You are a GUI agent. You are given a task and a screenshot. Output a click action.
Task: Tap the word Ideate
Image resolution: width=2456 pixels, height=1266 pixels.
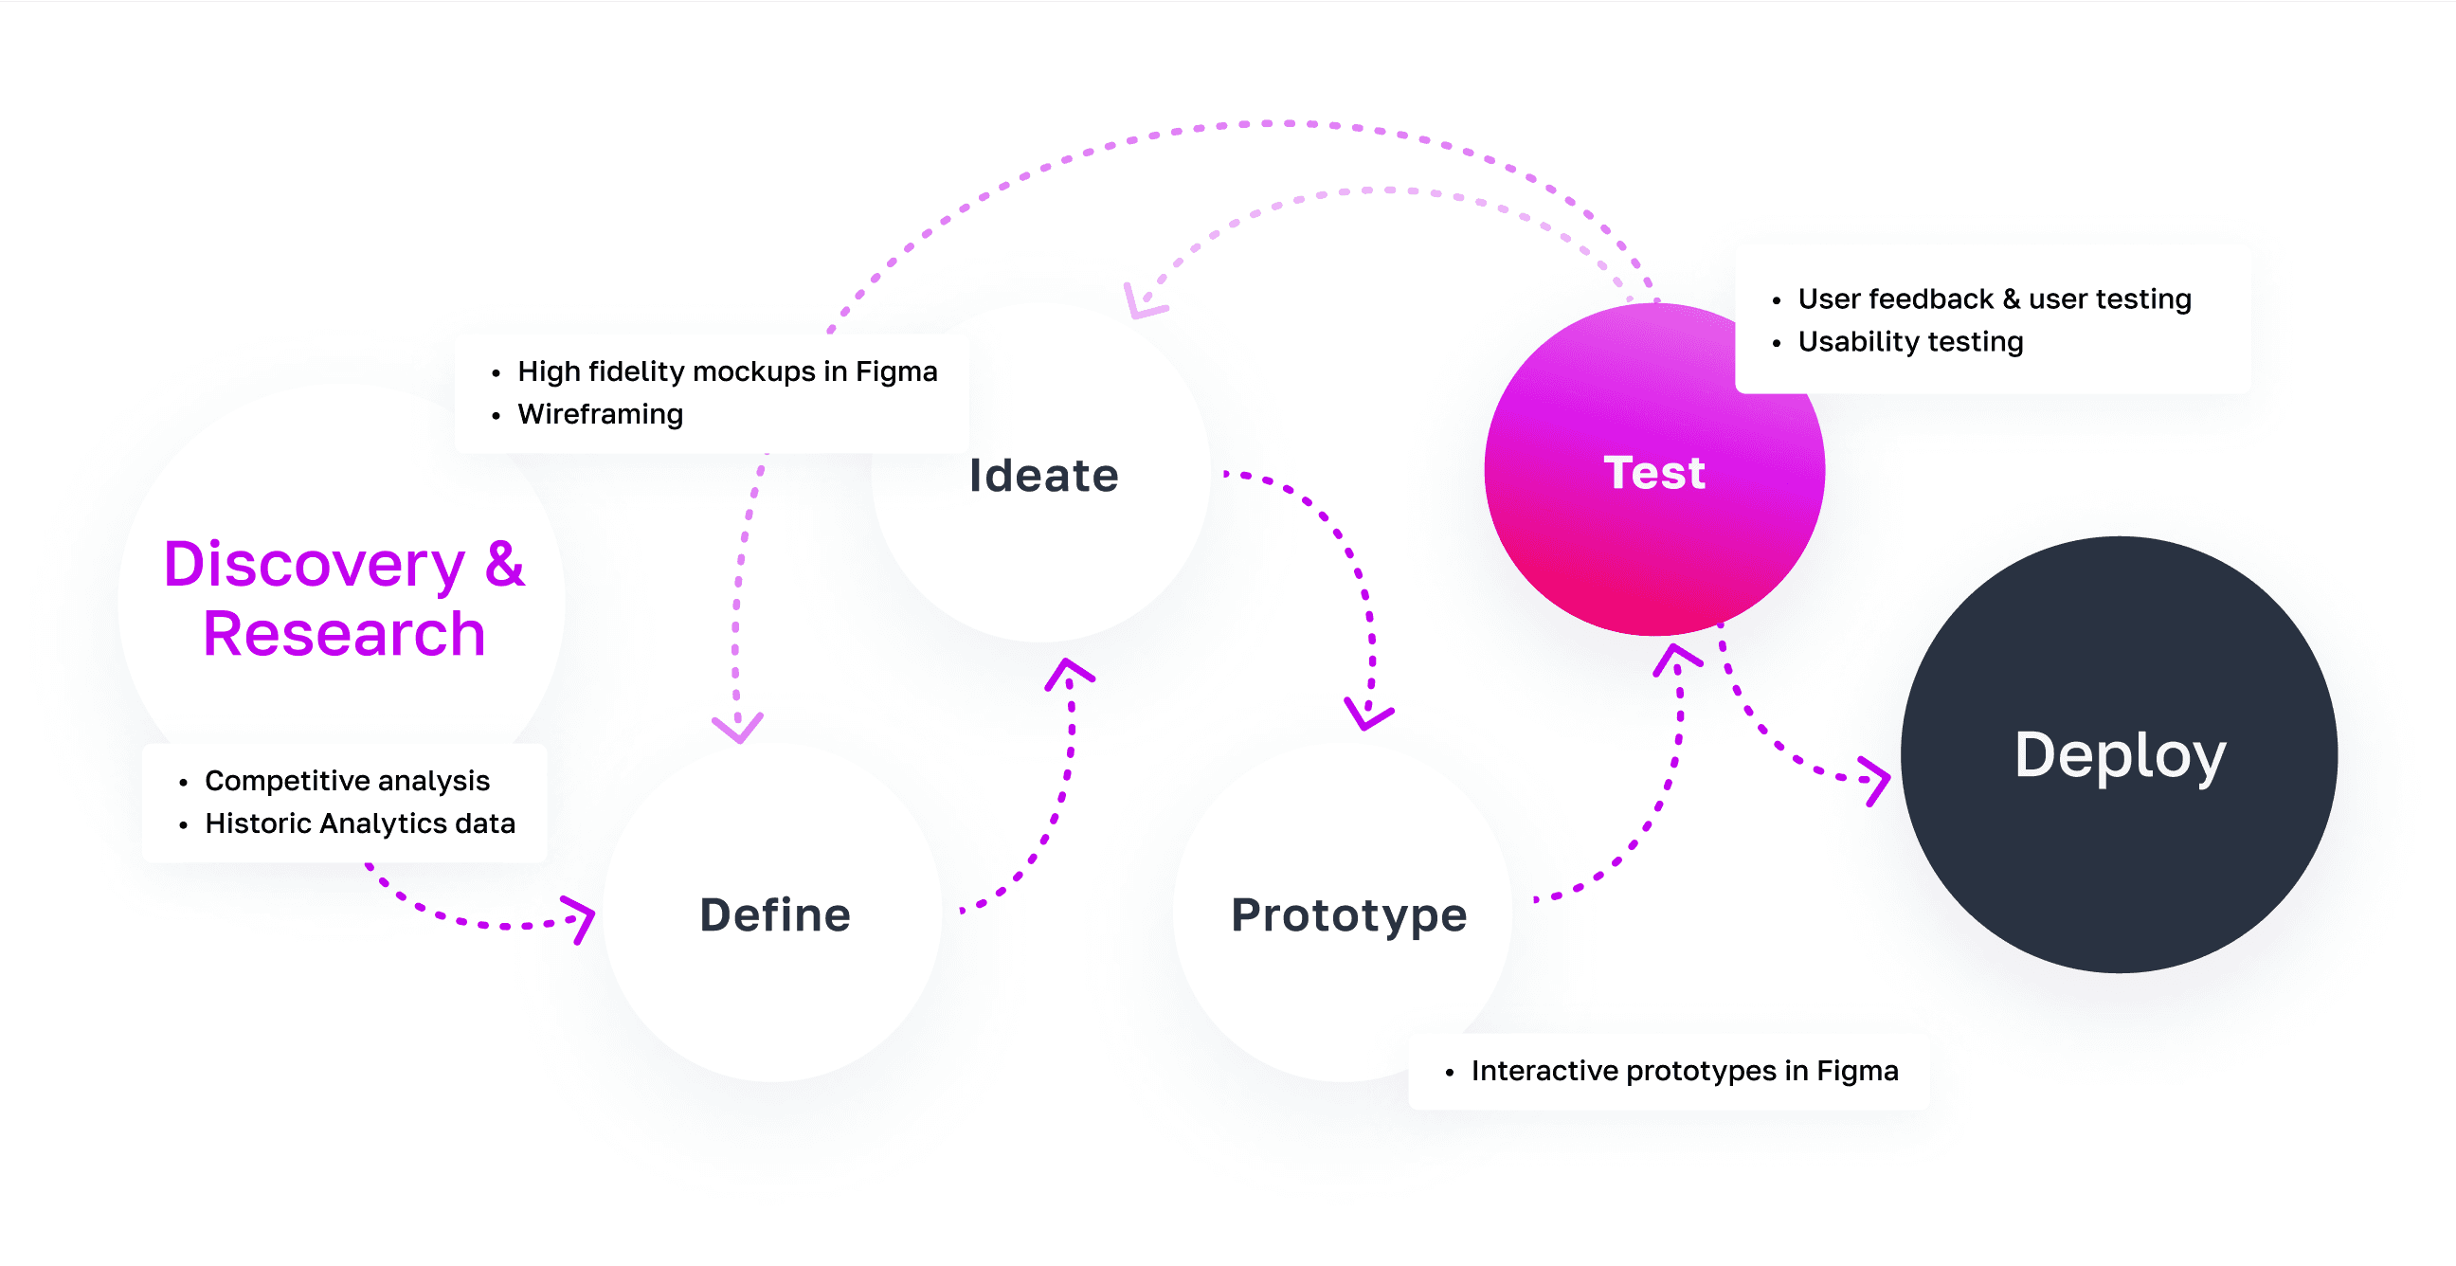point(1043,475)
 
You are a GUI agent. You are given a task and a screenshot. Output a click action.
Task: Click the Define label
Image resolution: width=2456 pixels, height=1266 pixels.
point(774,914)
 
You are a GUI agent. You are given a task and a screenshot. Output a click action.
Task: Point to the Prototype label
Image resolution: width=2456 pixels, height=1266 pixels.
point(1348,914)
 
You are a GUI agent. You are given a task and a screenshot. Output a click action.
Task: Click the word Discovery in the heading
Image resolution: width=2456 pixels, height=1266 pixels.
point(314,565)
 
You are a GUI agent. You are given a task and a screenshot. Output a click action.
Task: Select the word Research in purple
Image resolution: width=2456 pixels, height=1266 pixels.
point(344,634)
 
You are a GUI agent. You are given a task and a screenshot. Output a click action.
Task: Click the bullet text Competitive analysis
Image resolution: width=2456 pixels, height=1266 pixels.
point(347,781)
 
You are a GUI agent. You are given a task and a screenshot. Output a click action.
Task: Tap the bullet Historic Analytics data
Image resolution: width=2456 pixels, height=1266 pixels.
point(359,823)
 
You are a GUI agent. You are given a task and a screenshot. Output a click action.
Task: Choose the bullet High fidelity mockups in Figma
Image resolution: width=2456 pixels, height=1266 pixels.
point(727,371)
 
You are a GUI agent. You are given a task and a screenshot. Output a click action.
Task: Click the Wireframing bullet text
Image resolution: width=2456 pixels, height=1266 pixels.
point(600,414)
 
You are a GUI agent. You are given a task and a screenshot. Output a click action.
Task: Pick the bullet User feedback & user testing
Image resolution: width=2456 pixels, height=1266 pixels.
point(1994,298)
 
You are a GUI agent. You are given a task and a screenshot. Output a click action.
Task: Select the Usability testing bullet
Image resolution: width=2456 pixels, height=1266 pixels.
point(1909,341)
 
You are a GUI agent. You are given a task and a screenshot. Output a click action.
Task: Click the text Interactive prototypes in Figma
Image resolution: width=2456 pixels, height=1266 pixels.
point(1684,1071)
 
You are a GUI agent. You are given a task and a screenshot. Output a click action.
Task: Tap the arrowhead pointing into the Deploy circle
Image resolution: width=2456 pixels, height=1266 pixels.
point(1878,781)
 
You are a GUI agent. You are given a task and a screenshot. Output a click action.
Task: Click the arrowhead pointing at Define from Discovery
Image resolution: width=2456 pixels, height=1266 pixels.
point(581,917)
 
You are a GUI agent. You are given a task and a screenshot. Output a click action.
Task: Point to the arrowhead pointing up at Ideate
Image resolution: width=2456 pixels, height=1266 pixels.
point(1069,670)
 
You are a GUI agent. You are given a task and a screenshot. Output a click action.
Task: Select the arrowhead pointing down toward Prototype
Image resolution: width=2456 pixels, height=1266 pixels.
point(1368,717)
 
